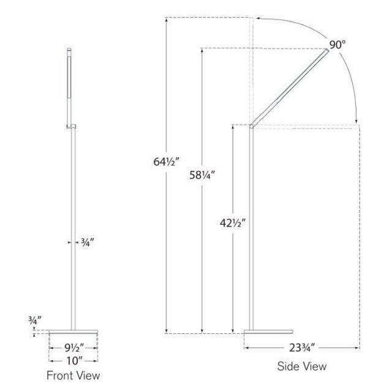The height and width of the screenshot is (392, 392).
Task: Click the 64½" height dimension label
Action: coord(166,162)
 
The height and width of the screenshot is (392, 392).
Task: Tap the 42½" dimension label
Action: coord(232,224)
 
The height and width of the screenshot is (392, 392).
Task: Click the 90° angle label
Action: coord(337,44)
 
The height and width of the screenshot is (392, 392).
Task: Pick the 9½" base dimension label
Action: coord(73,347)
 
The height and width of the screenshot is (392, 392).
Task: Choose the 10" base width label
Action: coord(73,361)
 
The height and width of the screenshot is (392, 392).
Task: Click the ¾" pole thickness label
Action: coord(85,242)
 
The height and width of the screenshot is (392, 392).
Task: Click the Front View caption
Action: coord(73,375)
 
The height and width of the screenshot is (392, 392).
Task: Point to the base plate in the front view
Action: coord(73,332)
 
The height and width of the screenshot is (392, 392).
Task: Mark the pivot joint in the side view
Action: coord(251,126)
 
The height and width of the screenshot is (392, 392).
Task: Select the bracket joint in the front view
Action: coord(71,127)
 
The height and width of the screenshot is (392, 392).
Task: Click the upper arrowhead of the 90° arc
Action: coord(260,18)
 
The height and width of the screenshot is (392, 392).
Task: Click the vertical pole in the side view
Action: coord(251,233)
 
